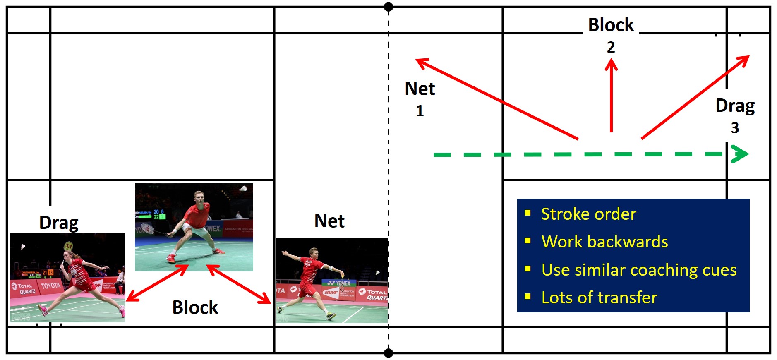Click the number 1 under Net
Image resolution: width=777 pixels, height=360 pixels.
click(420, 111)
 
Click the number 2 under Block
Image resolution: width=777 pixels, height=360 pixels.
click(611, 47)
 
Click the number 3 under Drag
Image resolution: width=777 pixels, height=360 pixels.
click(735, 128)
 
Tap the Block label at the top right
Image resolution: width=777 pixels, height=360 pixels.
click(611, 25)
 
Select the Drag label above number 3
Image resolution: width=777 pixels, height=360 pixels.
click(735, 106)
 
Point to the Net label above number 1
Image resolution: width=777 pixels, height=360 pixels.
click(420, 89)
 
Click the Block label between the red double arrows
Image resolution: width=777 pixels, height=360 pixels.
click(195, 307)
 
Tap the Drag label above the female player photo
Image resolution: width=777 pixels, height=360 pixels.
click(59, 223)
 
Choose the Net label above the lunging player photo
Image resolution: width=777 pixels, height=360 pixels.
click(329, 221)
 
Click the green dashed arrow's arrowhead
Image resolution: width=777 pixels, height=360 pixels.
click(741, 154)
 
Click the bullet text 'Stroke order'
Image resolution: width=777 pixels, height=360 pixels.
click(588, 214)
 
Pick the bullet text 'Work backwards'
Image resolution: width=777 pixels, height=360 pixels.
click(604, 242)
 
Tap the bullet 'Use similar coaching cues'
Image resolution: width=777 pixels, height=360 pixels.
click(639, 270)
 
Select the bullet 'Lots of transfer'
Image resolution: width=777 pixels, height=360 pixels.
click(599, 298)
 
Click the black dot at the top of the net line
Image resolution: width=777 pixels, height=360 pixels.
click(388, 7)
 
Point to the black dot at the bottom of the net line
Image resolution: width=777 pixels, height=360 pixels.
click(388, 353)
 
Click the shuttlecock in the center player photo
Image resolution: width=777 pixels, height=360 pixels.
click(244, 189)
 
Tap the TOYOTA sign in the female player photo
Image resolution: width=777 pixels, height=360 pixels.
click(50, 286)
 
